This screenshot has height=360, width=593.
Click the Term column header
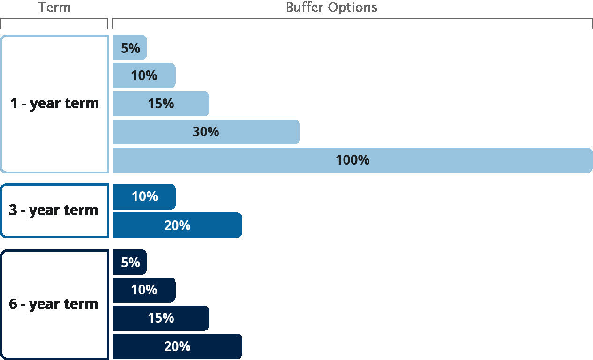pos(54,7)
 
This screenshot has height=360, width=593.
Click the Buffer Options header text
pos(331,7)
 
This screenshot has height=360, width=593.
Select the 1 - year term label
pos(54,104)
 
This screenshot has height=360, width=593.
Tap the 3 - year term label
pos(53,210)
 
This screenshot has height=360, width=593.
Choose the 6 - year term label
pos(53,304)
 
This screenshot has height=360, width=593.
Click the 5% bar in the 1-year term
pos(130,48)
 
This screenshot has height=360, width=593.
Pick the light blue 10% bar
pos(144,75)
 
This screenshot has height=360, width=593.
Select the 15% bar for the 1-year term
pos(160,104)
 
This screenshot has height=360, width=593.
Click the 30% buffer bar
pos(205,132)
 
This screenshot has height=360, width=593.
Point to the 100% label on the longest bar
pos(353,160)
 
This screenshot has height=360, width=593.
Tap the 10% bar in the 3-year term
pos(144,197)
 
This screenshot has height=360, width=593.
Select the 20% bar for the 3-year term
pos(177,225)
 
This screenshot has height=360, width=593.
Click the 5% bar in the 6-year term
pos(130,262)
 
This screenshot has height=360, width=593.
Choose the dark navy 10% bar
pos(144,290)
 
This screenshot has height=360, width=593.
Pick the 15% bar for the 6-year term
pos(160,318)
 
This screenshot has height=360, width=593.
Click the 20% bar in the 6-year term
pos(177,346)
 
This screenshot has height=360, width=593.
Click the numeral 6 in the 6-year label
pos(14,304)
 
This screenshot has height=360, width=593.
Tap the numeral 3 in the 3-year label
pos(14,210)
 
